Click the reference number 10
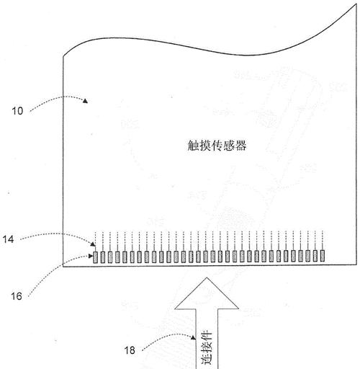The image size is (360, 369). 17,111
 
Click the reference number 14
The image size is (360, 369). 8,239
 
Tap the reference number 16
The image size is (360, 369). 17,296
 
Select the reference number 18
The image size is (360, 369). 130,350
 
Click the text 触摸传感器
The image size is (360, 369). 217,146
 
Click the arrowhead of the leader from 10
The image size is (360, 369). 86,101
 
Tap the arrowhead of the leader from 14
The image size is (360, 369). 93,244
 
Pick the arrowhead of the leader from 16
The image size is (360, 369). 91,256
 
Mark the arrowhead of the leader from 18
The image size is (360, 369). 194,338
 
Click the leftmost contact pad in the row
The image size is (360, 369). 95,257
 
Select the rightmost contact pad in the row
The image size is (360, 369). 323,256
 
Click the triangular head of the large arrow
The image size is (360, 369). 207,293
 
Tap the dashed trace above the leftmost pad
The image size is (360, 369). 95,241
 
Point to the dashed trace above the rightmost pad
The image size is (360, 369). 323,240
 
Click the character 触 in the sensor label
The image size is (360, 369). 193,146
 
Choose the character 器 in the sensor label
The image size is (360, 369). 240,146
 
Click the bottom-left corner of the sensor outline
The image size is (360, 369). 63,267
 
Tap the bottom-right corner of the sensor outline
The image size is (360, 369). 356,264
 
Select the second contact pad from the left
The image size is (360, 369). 103,257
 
